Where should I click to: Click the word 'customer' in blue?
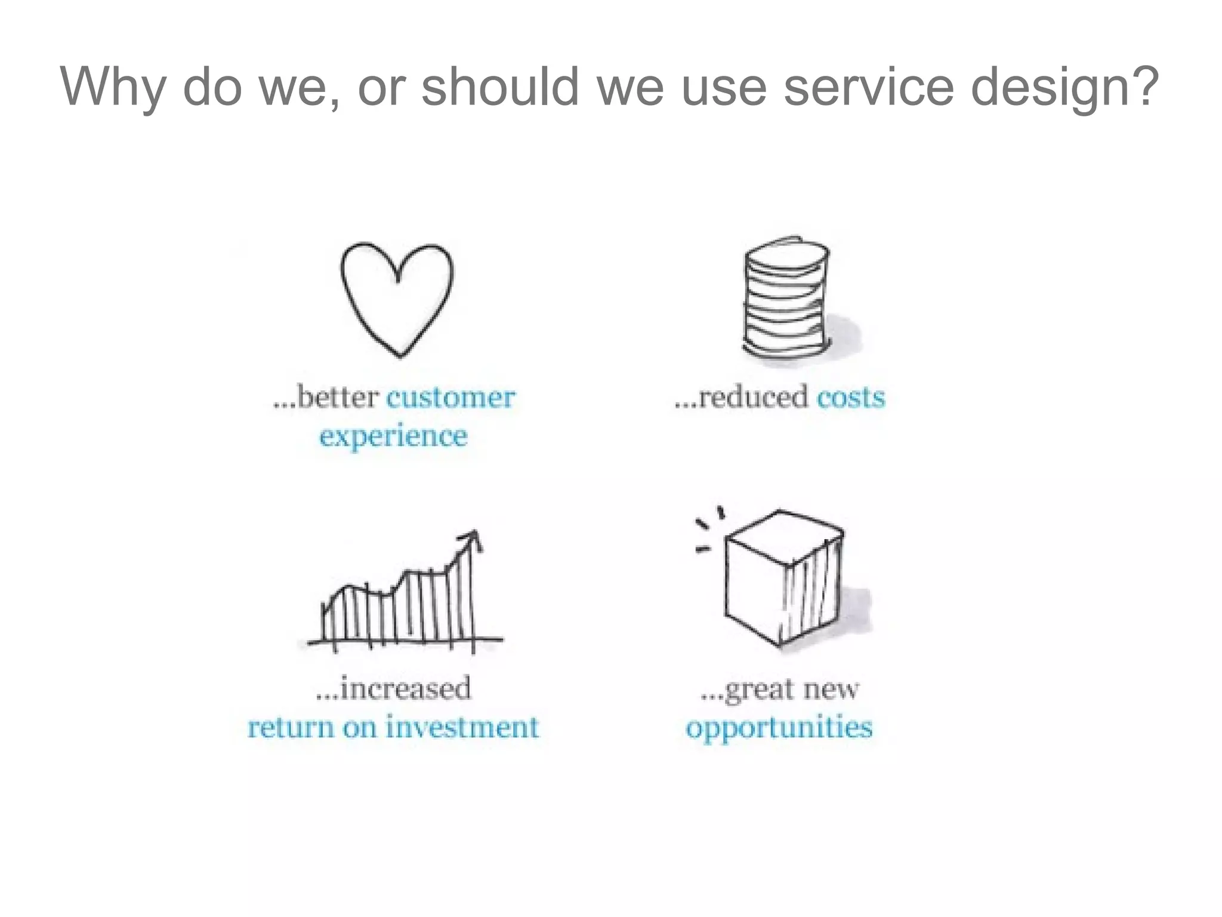coord(450,398)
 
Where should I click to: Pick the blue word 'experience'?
coord(393,436)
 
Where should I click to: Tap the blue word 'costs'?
coord(850,398)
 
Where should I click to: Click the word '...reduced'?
coord(742,398)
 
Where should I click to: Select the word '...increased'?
coord(393,688)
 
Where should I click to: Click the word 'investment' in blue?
coord(462,727)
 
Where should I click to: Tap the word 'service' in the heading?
coord(869,87)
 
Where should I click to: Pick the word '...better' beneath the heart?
coord(326,398)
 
